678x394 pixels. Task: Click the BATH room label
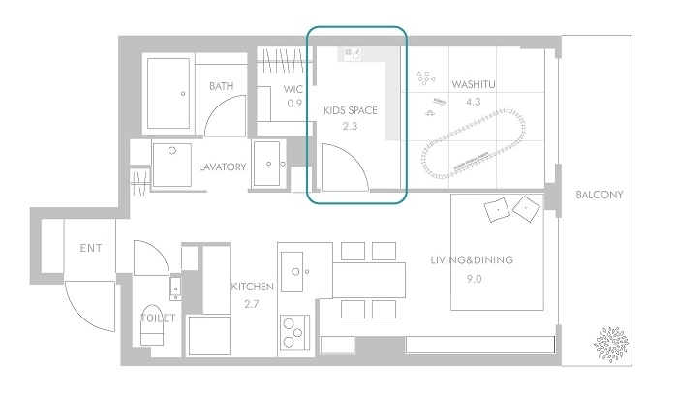222,86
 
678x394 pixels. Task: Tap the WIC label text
293,89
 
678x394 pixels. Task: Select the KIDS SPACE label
351,110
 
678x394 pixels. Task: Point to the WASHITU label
474,84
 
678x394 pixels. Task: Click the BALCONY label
600,195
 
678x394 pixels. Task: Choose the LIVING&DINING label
472,260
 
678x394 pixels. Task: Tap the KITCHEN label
253,287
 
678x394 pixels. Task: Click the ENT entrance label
91,248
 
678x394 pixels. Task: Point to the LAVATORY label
222,167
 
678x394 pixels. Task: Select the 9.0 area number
474,279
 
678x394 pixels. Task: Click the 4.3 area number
474,102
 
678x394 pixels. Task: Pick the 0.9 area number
294,104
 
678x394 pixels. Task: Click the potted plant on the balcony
611,345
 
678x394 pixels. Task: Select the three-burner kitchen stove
294,332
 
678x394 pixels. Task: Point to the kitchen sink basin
292,272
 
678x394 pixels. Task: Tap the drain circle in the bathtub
183,93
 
